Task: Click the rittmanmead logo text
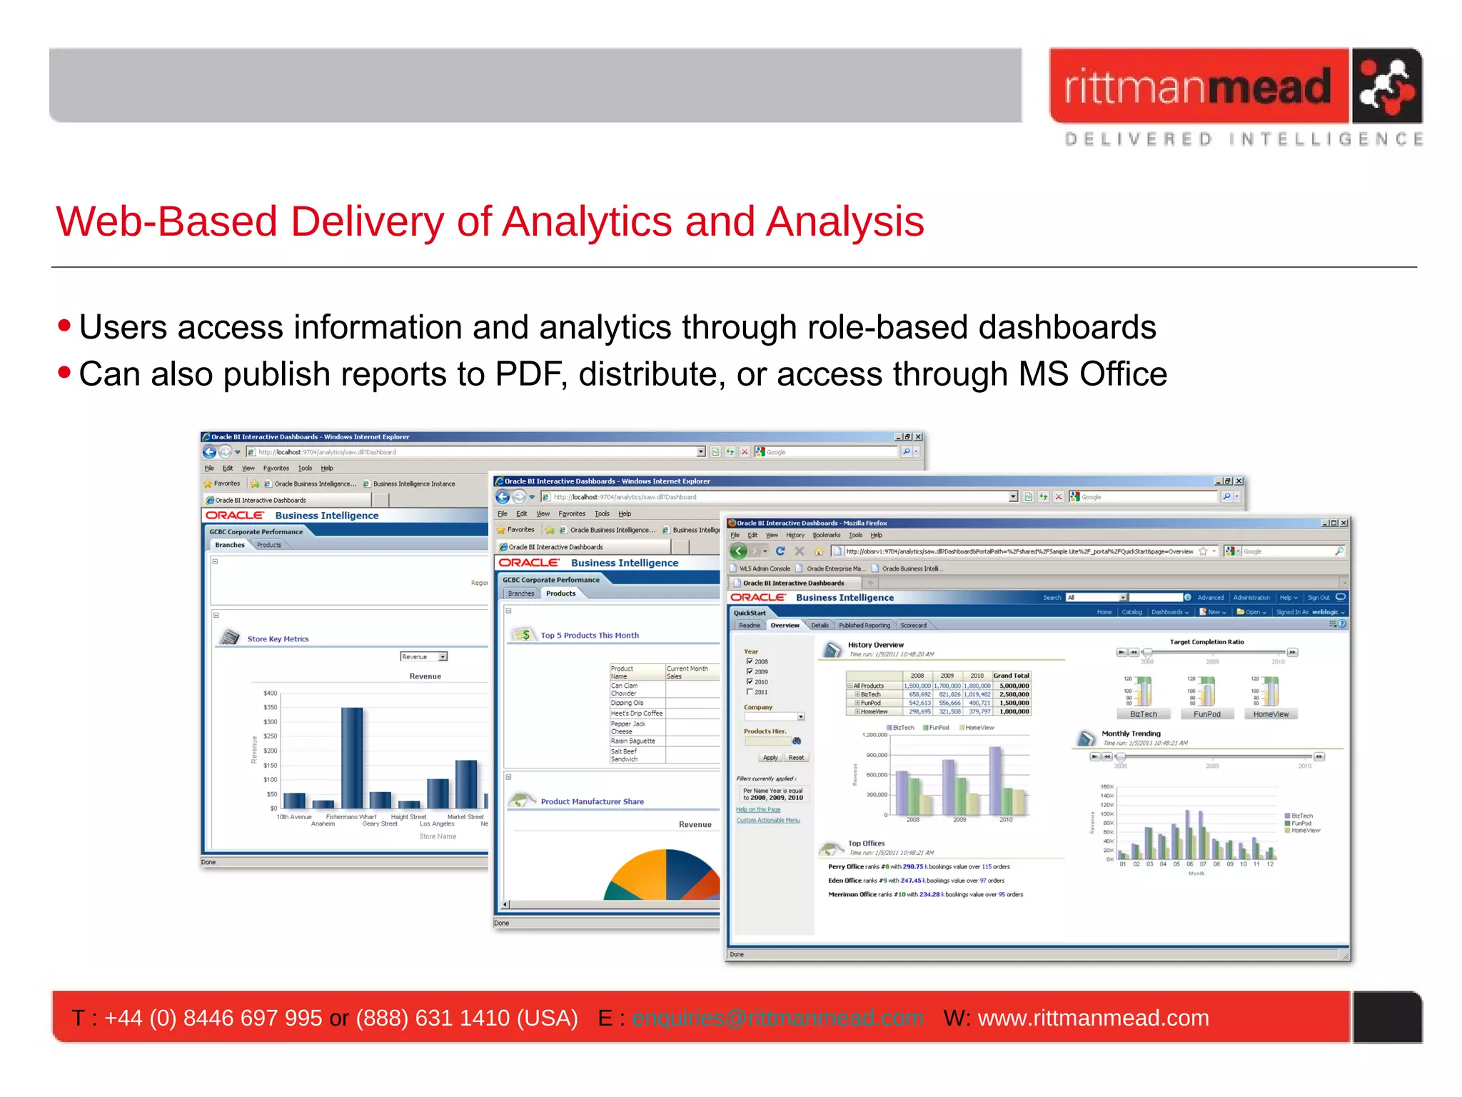1197,87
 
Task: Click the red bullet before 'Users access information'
64,326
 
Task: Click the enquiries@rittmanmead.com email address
777,1018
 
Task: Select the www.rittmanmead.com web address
1093,1018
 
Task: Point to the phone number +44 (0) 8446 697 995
213,1018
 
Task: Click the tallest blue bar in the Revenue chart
351,757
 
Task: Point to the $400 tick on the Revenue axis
270,693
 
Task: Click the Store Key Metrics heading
278,639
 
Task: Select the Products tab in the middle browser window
560,593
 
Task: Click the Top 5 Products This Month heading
590,635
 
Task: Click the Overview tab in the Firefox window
785,625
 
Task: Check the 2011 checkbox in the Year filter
750,692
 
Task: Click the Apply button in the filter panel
770,757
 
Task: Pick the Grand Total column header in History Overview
1011,676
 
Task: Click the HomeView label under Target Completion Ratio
1271,714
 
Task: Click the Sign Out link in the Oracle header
1318,598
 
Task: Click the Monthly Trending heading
1131,733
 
